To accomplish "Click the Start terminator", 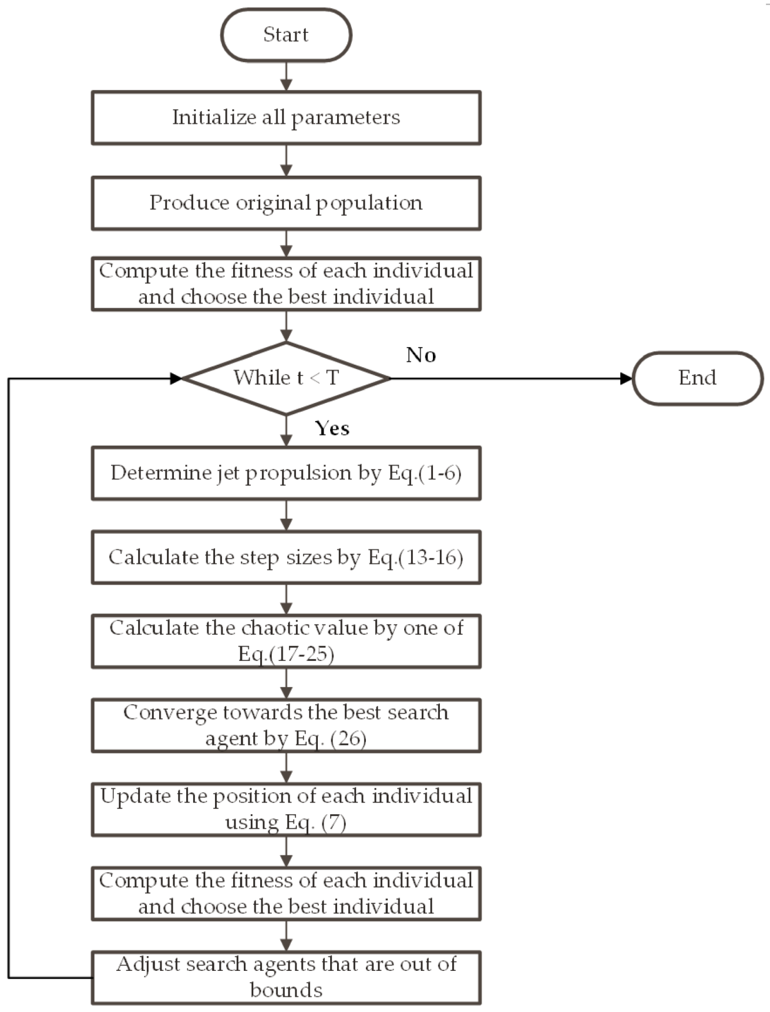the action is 286,35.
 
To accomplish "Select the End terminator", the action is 698,378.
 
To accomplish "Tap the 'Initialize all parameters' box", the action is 286,117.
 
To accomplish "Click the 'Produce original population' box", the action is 286,203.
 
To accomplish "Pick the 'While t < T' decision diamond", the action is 286,378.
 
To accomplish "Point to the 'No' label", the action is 421,355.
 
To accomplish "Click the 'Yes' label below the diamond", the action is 332,428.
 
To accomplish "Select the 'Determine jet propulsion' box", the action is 286,473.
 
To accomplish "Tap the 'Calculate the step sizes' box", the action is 286,557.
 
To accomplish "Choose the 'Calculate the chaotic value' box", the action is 286,641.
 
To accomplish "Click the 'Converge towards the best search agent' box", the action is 286,725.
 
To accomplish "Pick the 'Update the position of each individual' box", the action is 286,809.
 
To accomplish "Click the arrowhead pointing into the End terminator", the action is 626,378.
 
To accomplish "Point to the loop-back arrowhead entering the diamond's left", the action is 176,378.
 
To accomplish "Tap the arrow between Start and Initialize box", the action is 286,76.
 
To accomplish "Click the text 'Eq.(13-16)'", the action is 415,557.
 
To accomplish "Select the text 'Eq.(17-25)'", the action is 286,654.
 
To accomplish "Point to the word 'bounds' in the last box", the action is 286,990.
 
